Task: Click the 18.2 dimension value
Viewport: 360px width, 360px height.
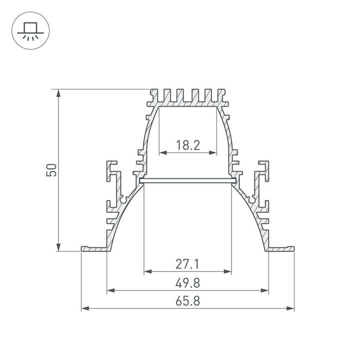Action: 188,145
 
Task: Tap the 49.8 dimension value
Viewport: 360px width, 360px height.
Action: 188,283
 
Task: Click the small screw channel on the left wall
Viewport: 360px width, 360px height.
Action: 123,200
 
